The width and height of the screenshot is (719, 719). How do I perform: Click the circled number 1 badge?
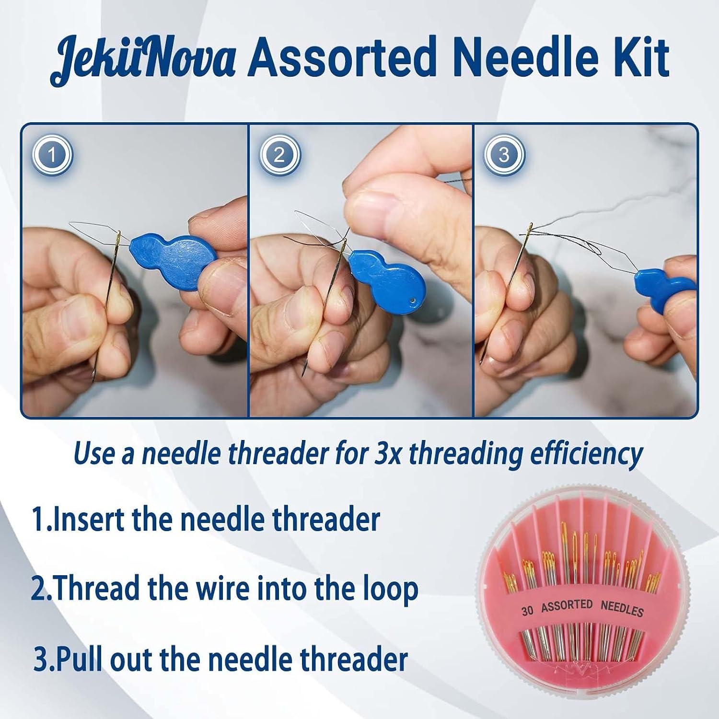(52, 155)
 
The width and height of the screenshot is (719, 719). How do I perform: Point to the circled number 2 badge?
(280, 155)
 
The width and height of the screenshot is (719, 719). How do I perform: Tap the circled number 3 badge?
(504, 155)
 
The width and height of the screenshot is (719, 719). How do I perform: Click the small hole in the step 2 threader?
(411, 301)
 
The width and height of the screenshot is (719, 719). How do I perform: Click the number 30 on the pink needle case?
(528, 611)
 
